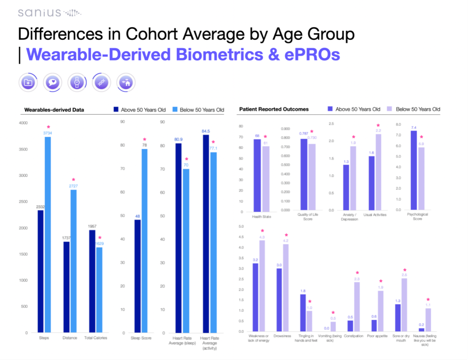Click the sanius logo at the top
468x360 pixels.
point(49,13)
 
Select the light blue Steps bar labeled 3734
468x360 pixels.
point(48,234)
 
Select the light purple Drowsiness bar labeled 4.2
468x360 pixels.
point(286,288)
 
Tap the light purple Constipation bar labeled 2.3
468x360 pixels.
point(357,306)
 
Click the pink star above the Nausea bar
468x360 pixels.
point(428,300)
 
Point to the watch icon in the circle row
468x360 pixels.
point(77,82)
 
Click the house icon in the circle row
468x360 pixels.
point(126,82)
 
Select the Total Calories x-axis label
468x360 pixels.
point(95,338)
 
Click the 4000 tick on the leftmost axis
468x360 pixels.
point(23,123)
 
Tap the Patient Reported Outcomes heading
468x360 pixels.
point(274,109)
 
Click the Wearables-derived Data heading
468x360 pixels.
point(54,110)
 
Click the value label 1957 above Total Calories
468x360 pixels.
point(92,226)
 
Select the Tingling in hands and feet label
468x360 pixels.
point(306,338)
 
